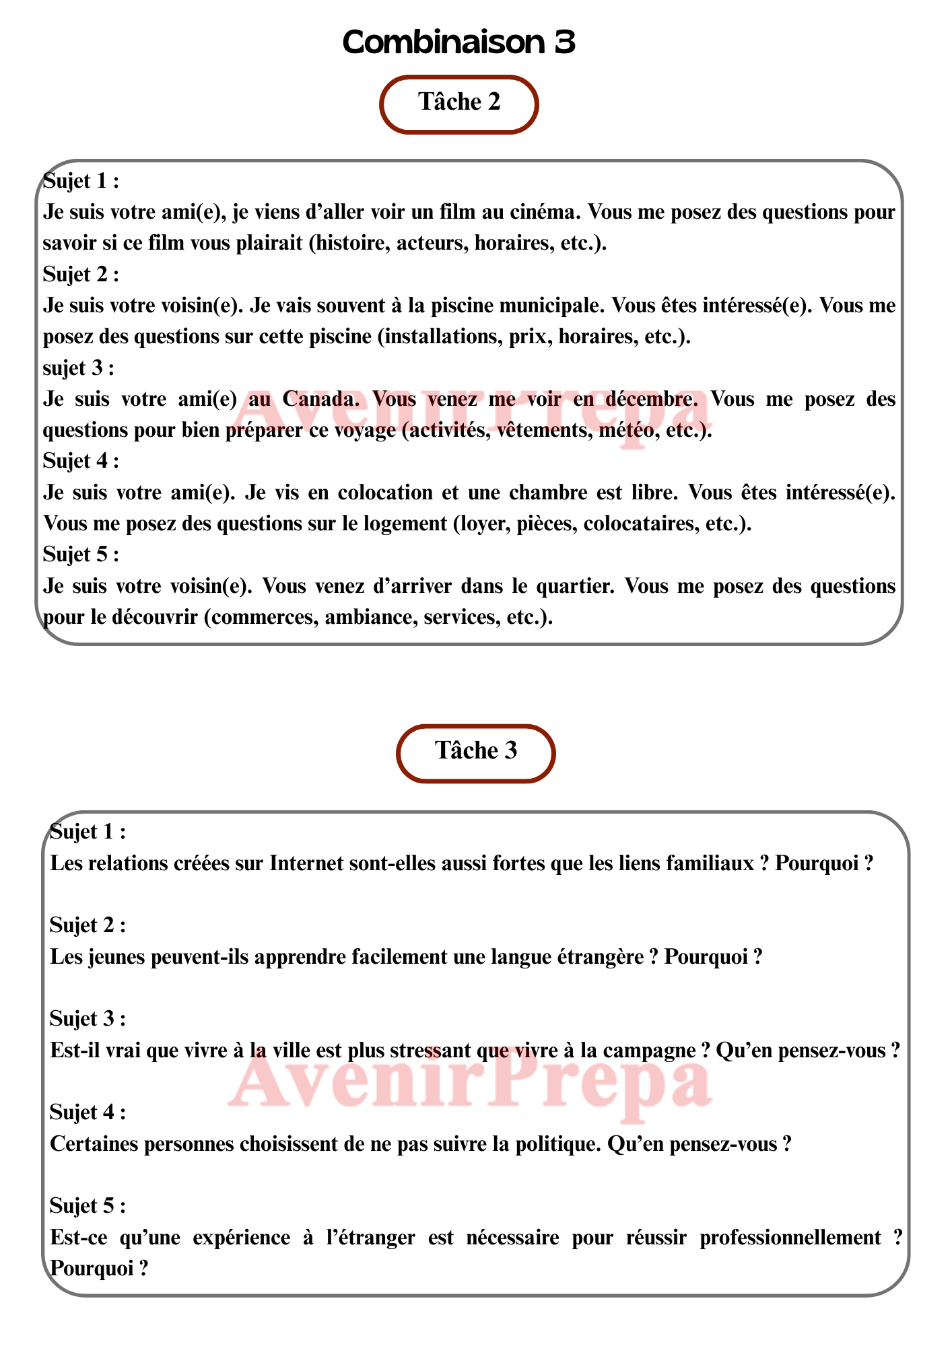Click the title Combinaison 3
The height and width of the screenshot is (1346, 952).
pos(458,42)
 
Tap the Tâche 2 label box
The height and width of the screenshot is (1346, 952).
pos(459,102)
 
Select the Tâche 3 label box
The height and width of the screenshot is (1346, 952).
pos(476,751)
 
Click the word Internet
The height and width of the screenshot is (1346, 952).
pos(306,863)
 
